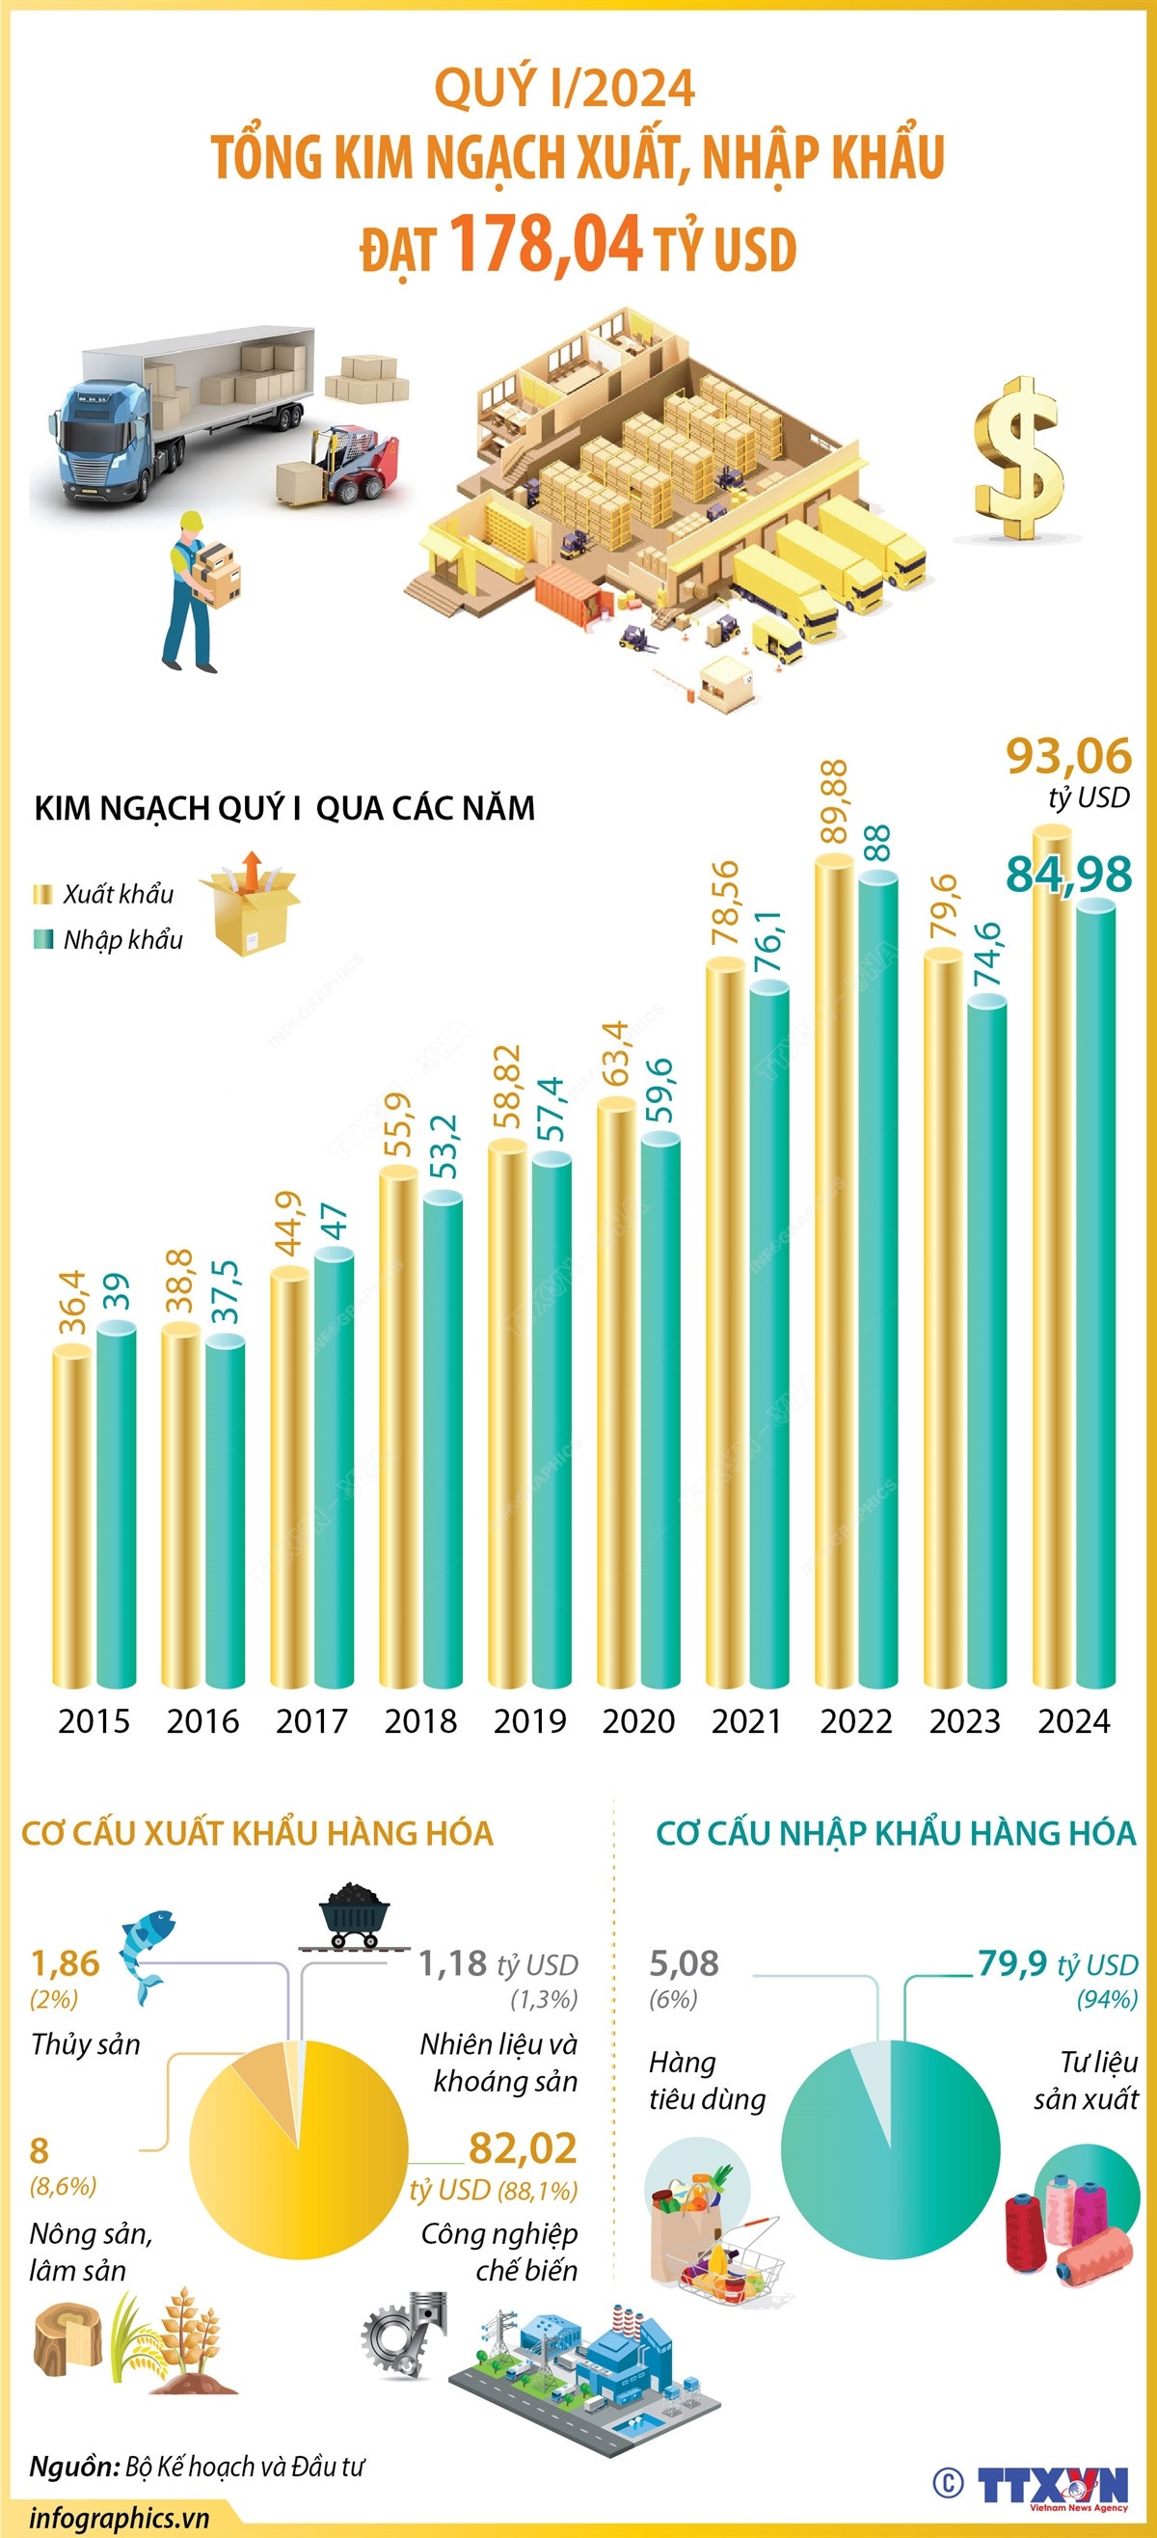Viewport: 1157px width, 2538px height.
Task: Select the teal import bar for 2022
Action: tap(877, 1281)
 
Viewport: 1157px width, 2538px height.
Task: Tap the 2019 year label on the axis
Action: tap(530, 1721)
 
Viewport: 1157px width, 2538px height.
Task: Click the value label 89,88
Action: tap(834, 801)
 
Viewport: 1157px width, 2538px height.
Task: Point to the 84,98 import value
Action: tap(1068, 874)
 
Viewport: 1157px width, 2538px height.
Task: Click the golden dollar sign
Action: tap(1019, 458)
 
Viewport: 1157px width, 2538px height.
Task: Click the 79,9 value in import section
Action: tap(1012, 1962)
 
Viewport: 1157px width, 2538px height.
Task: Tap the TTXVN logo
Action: tap(1052, 2484)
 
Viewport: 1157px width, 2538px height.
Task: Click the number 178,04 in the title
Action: tap(546, 243)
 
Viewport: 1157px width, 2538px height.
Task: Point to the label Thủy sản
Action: tap(86, 2044)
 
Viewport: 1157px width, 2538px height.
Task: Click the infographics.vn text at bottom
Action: tap(119, 2519)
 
